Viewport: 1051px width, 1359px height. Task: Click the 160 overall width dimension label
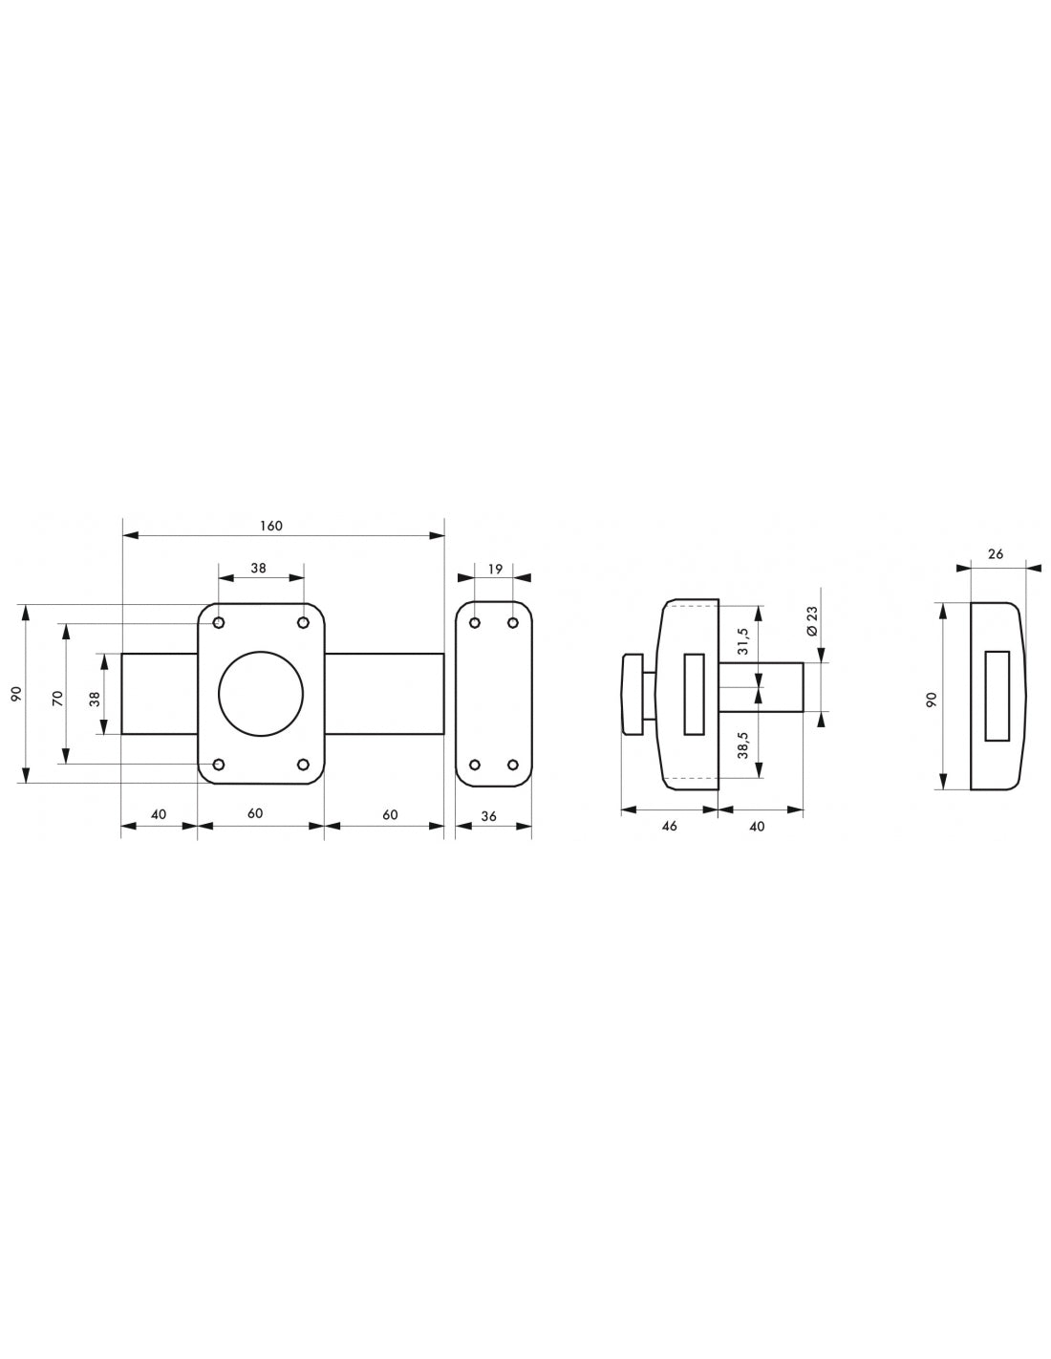point(270,526)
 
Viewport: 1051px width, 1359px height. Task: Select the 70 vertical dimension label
point(57,699)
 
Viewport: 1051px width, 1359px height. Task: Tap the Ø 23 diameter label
point(811,621)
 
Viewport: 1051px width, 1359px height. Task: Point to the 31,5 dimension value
point(742,641)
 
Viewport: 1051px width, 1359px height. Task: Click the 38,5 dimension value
point(742,744)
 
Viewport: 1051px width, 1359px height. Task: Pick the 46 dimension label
point(669,826)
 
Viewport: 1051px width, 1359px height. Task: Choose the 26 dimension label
point(997,553)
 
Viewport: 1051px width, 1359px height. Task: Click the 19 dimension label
point(495,569)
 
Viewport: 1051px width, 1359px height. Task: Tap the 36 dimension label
point(489,816)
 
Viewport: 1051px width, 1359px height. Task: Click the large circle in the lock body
point(261,694)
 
